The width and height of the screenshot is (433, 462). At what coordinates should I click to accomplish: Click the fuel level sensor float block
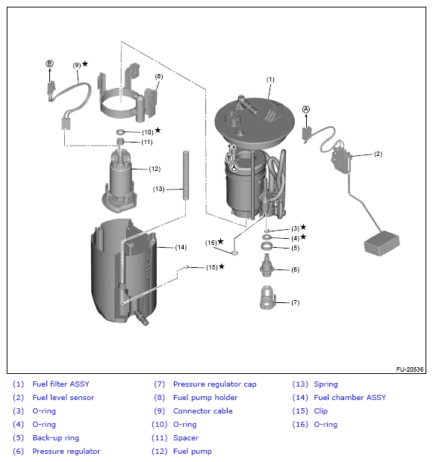[x=382, y=243]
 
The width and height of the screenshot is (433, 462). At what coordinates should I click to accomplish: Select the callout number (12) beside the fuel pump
[x=155, y=169]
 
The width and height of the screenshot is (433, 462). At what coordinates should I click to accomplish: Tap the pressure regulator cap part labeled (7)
[x=267, y=297]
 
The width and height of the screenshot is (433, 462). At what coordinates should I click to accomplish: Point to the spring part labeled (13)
[x=186, y=175]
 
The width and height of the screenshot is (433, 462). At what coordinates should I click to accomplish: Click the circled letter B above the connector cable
[x=49, y=63]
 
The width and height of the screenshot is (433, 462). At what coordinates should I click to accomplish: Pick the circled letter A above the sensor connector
[x=306, y=109]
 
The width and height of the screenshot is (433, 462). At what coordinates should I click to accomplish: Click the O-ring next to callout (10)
[x=120, y=131]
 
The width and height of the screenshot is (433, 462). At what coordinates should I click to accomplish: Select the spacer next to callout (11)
[x=120, y=141]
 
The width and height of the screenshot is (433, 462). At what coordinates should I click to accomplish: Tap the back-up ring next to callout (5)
[x=267, y=246]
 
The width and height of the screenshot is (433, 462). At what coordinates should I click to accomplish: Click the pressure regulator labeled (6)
[x=267, y=266]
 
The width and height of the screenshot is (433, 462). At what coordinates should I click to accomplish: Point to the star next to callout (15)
[x=222, y=266]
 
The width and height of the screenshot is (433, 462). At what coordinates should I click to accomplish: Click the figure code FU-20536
[x=410, y=369]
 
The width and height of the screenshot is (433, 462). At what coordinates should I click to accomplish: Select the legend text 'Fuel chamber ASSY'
[x=350, y=398]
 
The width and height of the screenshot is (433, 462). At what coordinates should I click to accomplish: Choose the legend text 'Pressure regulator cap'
[x=214, y=384]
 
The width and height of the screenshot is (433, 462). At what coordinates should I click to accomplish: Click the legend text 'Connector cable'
[x=203, y=411]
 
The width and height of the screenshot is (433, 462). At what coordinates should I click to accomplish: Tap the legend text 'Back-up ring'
[x=56, y=438]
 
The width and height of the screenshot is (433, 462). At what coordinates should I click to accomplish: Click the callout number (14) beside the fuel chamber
[x=181, y=247]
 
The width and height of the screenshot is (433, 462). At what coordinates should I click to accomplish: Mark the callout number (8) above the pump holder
[x=159, y=76]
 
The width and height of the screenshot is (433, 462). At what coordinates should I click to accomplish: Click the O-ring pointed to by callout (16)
[x=234, y=253]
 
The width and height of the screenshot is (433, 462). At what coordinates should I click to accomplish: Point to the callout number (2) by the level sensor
[x=378, y=154]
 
